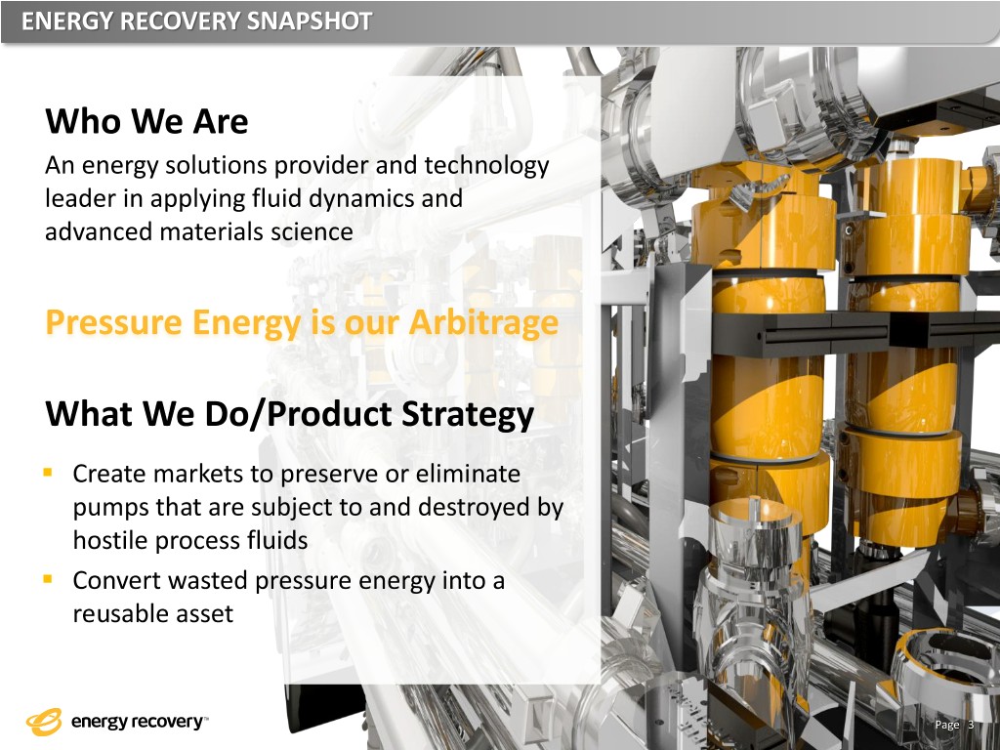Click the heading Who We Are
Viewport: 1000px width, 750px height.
coord(146,120)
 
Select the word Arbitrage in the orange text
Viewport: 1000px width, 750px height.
coord(483,322)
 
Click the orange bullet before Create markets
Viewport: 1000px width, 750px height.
coord(47,473)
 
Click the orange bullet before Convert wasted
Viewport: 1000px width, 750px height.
coord(47,579)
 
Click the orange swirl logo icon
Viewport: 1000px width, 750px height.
coord(44,722)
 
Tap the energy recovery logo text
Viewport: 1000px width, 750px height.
coord(138,722)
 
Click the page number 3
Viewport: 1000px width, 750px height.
coord(972,725)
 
